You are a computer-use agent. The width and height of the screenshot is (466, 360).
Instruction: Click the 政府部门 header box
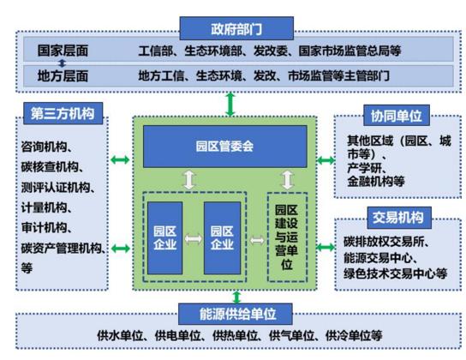pos(236,28)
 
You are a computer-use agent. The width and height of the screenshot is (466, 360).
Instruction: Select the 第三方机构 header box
pos(63,113)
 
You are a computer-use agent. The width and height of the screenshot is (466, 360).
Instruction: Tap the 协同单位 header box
pos(397,116)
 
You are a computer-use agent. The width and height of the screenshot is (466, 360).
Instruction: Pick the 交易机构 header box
pos(399,218)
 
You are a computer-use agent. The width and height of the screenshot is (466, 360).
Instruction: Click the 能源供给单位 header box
pos(236,314)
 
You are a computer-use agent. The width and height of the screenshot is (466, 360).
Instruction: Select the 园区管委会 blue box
pos(225,147)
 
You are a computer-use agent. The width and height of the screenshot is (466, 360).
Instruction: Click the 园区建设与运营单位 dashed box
pos(287,237)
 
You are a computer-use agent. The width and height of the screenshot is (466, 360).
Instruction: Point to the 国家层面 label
pos(63,51)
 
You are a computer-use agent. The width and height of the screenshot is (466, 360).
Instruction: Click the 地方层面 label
pos(63,75)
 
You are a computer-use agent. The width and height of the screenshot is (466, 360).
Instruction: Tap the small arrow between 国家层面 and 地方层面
pos(62,63)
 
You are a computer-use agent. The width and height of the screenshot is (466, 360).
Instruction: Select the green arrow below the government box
pos(230,104)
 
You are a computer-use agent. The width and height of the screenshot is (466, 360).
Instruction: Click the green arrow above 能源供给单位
pos(236,297)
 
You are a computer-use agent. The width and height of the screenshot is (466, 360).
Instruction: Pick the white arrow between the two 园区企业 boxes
pos(194,238)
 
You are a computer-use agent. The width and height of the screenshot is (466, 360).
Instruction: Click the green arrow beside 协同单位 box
pos(326,161)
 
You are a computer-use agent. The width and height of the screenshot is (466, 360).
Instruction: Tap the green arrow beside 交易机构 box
pos(326,247)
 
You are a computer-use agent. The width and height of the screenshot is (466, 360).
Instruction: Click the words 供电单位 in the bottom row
pos(177,336)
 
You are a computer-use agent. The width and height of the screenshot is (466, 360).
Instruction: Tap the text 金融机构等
pos(376,181)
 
